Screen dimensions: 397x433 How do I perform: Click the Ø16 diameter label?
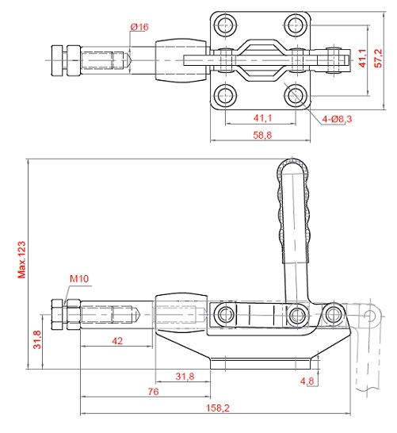point(139,27)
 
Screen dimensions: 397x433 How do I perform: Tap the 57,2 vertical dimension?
point(378,58)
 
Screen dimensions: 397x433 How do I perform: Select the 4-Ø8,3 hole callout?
point(337,119)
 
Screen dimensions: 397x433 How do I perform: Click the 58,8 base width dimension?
point(262,135)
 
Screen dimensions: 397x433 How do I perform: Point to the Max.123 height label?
point(21,259)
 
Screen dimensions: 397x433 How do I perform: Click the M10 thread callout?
point(79,278)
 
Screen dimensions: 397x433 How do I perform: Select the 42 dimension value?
point(117,341)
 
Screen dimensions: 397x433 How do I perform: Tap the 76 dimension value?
point(154,392)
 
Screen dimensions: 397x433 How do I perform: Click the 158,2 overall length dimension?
point(218,408)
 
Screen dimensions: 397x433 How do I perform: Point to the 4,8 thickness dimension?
point(307,381)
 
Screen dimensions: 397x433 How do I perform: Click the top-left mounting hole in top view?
point(226,25)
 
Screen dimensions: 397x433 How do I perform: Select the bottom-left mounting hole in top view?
point(226,95)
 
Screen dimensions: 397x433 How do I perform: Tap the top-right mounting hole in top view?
point(296,25)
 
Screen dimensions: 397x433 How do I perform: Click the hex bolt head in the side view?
point(57,315)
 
